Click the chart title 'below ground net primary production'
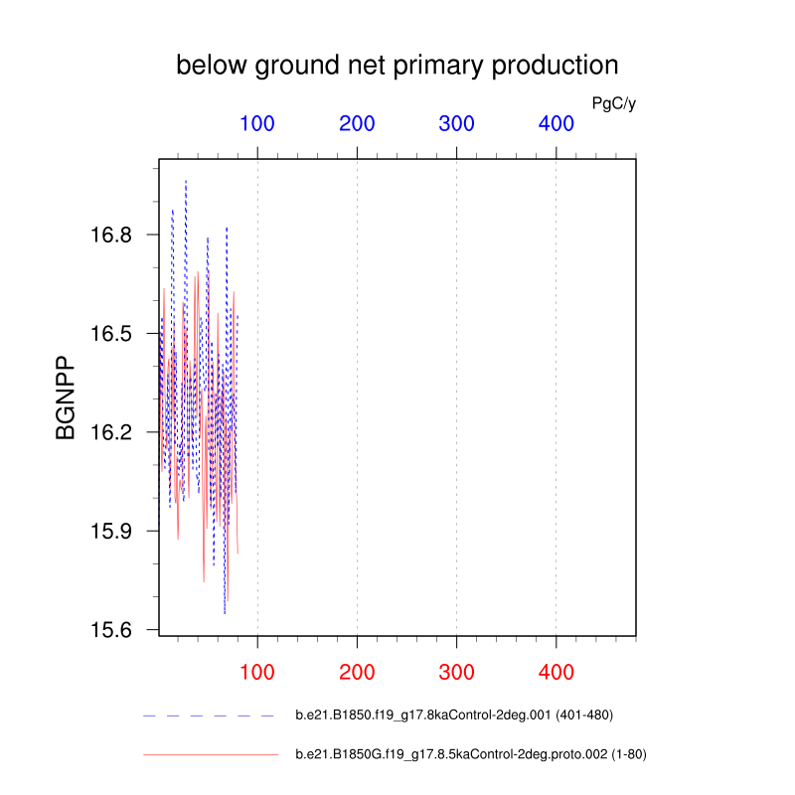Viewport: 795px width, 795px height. [x=397, y=67]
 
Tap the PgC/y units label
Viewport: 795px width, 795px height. [x=613, y=104]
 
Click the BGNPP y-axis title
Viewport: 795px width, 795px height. [x=65, y=397]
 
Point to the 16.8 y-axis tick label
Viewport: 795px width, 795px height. [x=111, y=235]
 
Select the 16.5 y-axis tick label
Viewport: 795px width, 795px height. [x=111, y=334]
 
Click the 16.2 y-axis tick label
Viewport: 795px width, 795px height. [x=111, y=432]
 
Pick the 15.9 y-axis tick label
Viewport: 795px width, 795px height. [x=111, y=532]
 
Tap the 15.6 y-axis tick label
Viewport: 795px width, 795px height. [x=111, y=630]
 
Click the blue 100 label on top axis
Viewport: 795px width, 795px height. [x=257, y=123]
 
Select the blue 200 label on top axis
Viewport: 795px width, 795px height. [x=357, y=123]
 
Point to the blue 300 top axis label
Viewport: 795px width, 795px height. [x=456, y=123]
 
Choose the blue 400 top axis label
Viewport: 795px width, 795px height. [x=556, y=123]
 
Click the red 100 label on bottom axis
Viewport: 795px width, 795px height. [x=257, y=673]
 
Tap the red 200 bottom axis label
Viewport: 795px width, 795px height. [x=357, y=673]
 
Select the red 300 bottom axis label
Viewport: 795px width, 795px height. [x=456, y=673]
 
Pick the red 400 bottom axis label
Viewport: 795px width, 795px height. [x=556, y=673]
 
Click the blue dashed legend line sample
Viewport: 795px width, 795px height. [x=209, y=715]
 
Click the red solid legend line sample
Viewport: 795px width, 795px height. [x=211, y=755]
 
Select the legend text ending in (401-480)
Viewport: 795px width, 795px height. [x=454, y=715]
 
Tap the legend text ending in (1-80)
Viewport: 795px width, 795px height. [x=471, y=754]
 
